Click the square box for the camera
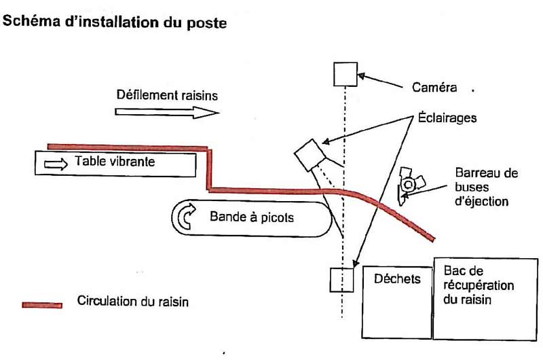tap(345, 73)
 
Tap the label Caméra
tap(434, 87)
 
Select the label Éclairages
tap(445, 118)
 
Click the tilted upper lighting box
tap(312, 156)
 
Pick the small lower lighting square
tap(342, 279)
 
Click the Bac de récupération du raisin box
tap(487, 298)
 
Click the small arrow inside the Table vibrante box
tap(56, 163)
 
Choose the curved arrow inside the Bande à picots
tap(186, 217)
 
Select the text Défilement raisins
tap(166, 95)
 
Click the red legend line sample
tap(41, 304)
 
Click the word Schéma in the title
tap(29, 22)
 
